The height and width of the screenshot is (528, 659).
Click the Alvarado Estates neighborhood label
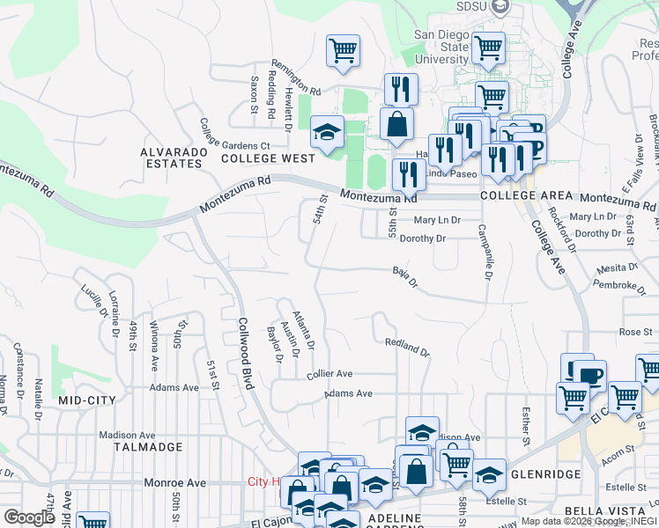point(173,158)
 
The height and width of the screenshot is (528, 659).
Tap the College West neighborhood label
point(268,158)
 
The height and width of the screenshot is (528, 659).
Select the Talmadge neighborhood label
point(148,447)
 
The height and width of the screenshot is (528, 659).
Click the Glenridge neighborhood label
point(546,474)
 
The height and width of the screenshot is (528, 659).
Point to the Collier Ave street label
point(329,374)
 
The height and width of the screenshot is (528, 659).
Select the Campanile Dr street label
point(484,251)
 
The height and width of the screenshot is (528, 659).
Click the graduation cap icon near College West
point(327,134)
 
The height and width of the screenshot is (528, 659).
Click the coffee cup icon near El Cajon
point(589,376)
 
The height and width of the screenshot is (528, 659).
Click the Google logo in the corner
point(29,517)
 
